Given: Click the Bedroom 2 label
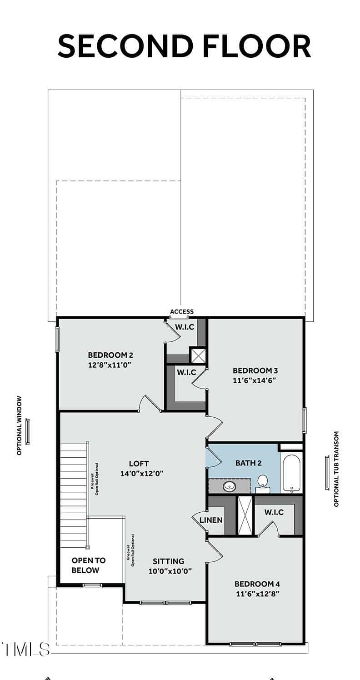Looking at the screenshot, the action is point(110,355).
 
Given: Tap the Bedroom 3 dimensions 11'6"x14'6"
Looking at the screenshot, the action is point(255,380).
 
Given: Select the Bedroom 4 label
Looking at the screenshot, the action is point(257,584).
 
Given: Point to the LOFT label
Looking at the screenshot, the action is point(139,464).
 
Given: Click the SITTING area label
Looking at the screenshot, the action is point(169,561).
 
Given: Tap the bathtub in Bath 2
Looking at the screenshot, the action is point(292,473).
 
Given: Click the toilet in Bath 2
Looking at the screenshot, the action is point(263,484).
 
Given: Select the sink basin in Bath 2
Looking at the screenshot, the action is point(230,486).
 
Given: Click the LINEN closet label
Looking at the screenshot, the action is point(211,520).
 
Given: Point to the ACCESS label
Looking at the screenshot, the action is point(182,311).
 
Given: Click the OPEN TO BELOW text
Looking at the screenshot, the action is point(89,565).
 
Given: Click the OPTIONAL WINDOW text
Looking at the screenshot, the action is point(20,425).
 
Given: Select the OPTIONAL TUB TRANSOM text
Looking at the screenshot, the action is point(336,469).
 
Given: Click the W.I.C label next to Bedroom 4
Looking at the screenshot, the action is point(274,512).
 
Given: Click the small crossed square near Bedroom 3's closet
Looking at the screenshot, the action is point(198,355).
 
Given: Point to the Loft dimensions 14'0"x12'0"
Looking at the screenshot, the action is point(142,473).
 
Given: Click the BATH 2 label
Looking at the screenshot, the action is point(249,463).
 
